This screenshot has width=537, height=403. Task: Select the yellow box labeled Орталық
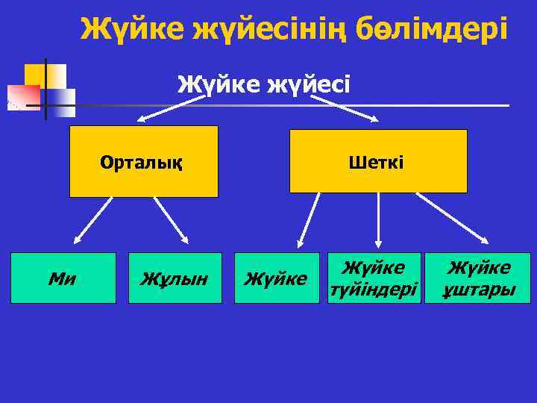coord(143,161)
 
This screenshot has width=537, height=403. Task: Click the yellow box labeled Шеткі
coord(378,161)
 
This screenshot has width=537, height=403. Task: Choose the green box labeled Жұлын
coord(175,278)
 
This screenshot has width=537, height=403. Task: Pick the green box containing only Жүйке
coord(277,278)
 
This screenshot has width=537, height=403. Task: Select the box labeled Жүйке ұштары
coord(478,278)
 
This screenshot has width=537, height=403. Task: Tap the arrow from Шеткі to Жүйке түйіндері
coord(379,221)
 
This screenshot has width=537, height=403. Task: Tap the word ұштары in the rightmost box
coord(478,288)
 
